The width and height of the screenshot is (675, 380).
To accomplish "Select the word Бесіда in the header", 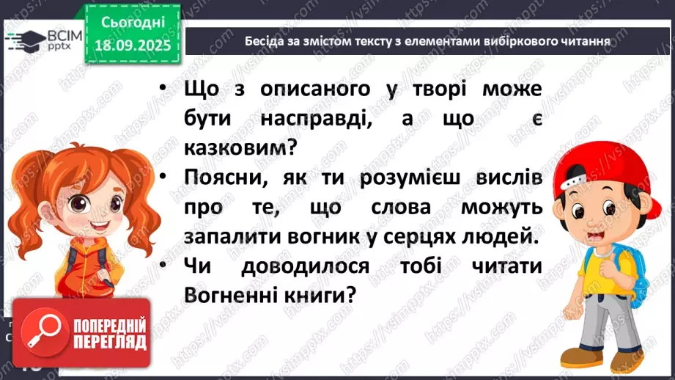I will click(264, 41).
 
